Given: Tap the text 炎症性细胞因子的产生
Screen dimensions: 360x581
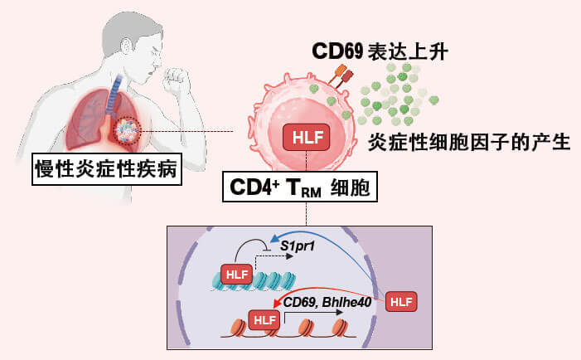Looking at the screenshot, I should pyautogui.click(x=469, y=141).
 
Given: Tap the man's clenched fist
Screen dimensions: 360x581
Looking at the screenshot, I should pyautogui.click(x=177, y=81).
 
